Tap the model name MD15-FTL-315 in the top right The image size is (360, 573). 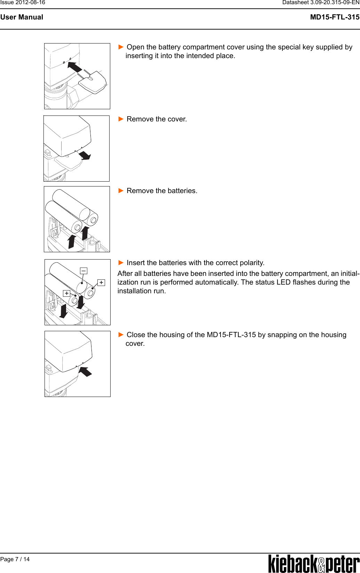(x=335, y=17)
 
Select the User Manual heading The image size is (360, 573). (x=22, y=17)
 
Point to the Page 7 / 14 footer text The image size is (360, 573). (x=15, y=559)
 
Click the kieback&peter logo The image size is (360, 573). (x=314, y=564)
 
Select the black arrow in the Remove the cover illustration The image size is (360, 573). (x=84, y=155)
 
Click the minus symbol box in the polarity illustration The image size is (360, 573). (x=83, y=271)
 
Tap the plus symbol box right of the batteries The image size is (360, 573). (x=101, y=282)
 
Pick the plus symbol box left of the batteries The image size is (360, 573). (x=66, y=293)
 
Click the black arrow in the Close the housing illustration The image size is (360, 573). (x=85, y=372)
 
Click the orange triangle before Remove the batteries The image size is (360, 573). (x=121, y=191)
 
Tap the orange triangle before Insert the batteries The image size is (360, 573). (x=121, y=263)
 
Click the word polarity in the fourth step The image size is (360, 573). (x=252, y=263)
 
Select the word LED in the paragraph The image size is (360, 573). (x=283, y=282)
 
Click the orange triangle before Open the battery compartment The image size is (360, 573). (x=121, y=47)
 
